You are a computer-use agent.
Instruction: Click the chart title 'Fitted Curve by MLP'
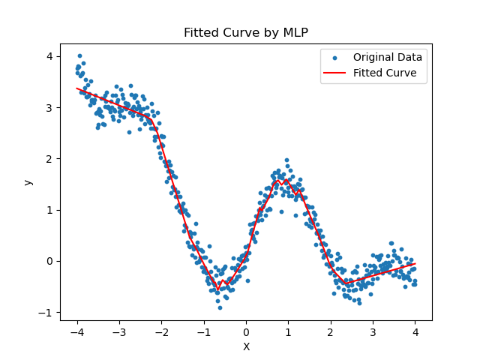tap(246, 33)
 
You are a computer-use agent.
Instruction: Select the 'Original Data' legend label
tap(388, 57)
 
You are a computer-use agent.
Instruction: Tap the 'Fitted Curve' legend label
tap(385, 73)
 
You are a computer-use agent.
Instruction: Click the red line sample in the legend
tap(335, 73)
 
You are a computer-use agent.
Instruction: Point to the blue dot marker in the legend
tap(335, 58)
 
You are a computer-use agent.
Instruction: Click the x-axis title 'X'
tap(246, 346)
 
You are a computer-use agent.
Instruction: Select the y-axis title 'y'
tap(28, 182)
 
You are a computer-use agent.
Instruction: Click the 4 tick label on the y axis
tap(49, 57)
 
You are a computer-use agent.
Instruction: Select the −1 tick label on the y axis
tap(46, 312)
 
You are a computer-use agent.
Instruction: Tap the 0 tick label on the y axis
tap(49, 261)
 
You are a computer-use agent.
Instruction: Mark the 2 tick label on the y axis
tap(49, 159)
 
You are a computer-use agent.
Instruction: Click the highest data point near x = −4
tap(79, 55)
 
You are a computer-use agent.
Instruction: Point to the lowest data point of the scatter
tap(220, 307)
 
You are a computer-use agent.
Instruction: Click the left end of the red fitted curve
tap(77, 88)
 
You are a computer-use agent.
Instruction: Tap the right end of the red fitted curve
tap(415, 263)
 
